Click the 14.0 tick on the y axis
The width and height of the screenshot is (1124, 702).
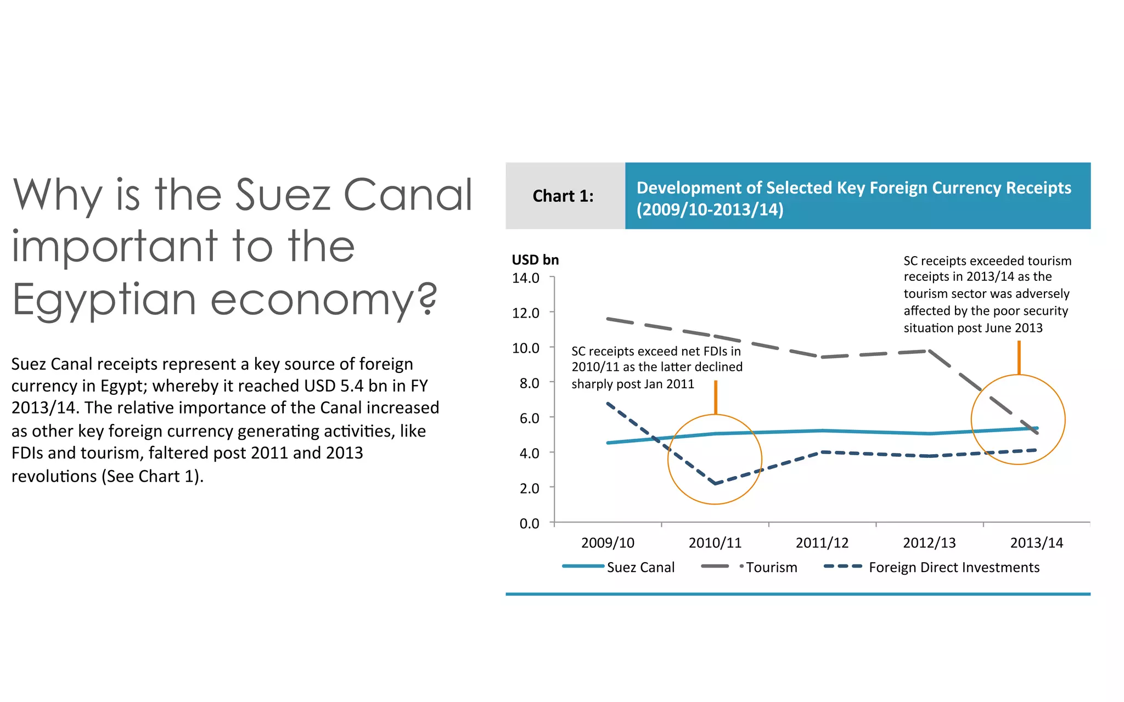[525, 278]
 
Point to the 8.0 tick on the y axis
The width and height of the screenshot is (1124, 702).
[529, 383]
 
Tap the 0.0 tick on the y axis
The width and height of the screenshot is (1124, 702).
[529, 523]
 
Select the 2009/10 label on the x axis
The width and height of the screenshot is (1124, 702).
[608, 543]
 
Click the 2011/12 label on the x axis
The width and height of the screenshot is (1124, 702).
[822, 543]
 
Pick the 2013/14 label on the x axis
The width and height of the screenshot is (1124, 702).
[1036, 543]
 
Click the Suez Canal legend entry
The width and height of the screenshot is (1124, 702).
[619, 567]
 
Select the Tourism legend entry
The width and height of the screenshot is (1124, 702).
[750, 567]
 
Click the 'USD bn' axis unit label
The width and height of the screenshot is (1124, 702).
[535, 260]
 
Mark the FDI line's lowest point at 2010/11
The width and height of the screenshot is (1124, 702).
[715, 484]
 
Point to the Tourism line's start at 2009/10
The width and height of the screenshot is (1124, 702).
[608, 318]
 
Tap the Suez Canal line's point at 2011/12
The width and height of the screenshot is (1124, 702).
[822, 431]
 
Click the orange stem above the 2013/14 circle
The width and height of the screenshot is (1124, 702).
[1019, 358]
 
